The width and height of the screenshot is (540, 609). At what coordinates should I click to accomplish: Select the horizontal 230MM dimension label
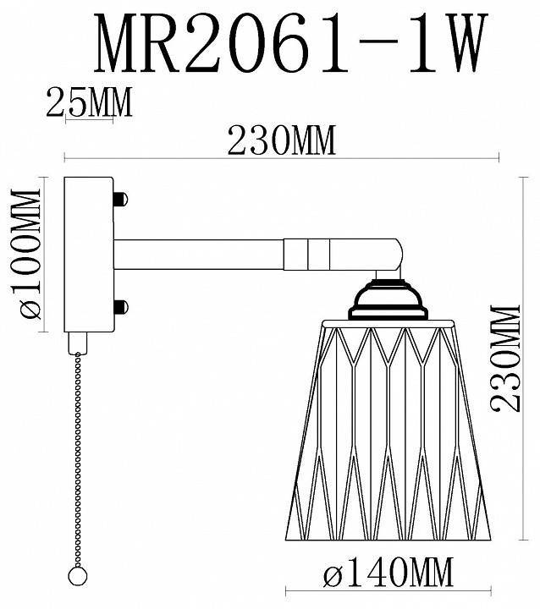click(x=280, y=140)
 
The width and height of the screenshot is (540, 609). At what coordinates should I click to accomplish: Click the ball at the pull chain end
click(x=79, y=574)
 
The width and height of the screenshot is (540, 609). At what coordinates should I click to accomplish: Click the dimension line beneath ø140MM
click(x=388, y=590)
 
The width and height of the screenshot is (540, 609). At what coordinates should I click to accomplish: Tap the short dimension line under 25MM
click(x=88, y=118)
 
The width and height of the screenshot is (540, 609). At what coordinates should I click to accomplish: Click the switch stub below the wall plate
click(x=80, y=340)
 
